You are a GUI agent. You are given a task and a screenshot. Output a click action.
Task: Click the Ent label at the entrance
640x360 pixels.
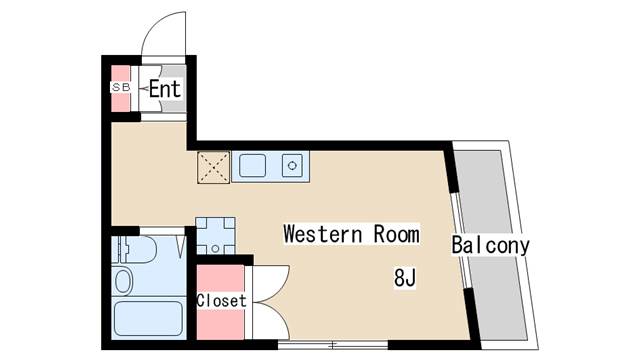pos(165,89)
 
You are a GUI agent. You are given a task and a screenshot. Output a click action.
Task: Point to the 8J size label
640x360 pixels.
pos(404,277)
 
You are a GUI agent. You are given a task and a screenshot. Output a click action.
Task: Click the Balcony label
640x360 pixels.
pos(489,245)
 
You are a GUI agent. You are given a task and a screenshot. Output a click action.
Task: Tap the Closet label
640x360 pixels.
pos(221,300)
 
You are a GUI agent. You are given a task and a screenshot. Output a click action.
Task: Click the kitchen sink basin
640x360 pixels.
pos(250,165)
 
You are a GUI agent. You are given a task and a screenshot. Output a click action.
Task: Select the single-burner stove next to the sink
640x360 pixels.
pos(293,165)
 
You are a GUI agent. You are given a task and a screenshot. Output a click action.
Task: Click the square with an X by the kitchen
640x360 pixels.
pos(213,167)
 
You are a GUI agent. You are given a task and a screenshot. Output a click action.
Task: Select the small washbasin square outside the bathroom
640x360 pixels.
pos(214,236)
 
